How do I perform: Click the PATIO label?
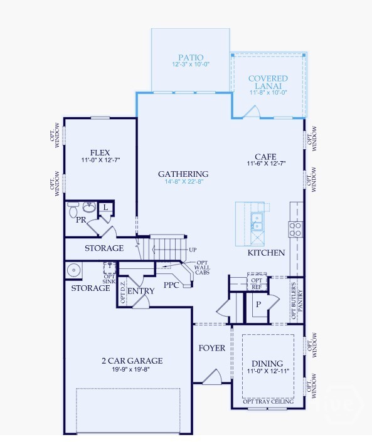[x=191, y=58]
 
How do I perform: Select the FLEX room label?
[x=100, y=152]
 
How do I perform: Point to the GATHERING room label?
[x=183, y=174]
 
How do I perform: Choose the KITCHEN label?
[x=266, y=253]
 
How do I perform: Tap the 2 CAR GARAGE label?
[x=132, y=360]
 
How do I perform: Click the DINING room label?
[x=267, y=364]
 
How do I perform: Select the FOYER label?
[x=212, y=348]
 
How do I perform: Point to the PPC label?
[x=172, y=285]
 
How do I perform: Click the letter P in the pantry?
[x=257, y=305]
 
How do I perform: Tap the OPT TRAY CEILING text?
[x=268, y=402]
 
